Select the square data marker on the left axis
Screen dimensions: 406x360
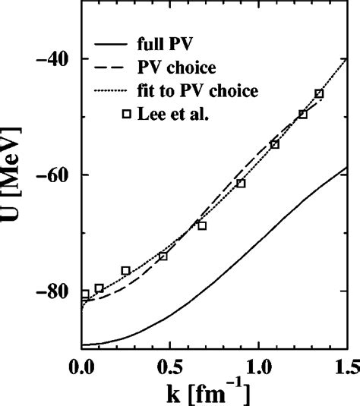[84, 294]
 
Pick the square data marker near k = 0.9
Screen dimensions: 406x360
[241, 184]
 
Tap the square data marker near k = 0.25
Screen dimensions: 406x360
[125, 271]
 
